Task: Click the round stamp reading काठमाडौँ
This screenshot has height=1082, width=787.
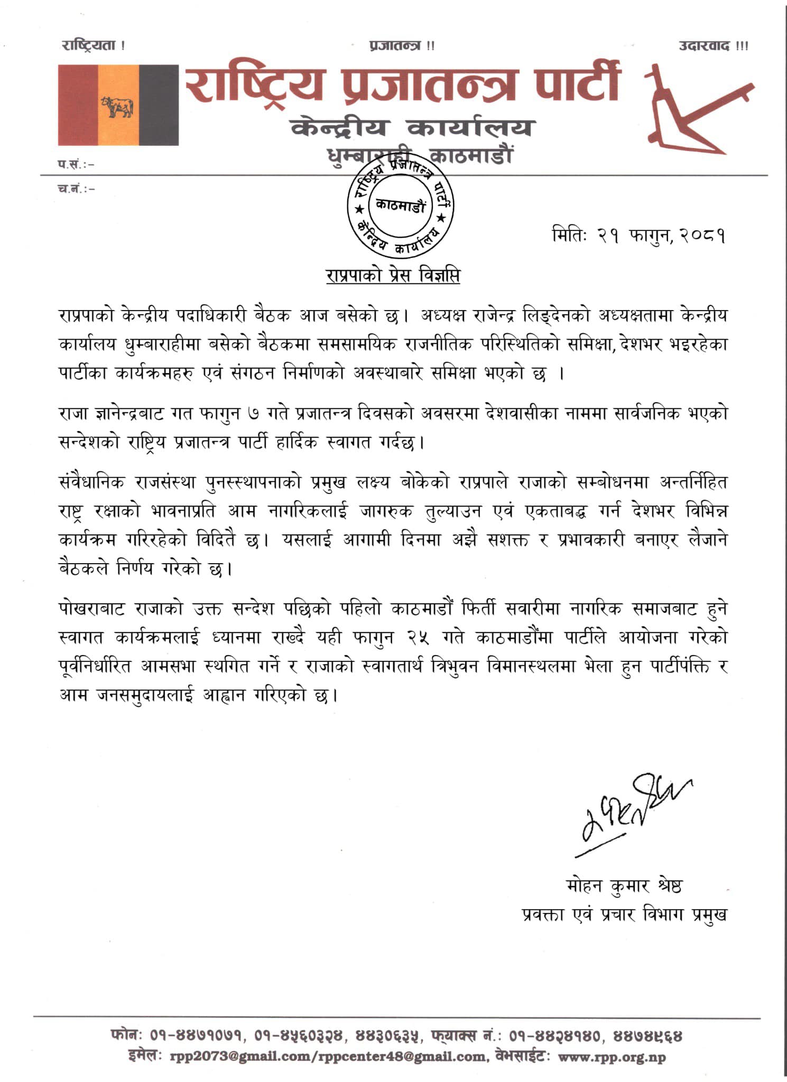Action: point(400,206)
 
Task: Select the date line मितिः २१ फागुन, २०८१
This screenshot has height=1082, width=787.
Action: point(638,235)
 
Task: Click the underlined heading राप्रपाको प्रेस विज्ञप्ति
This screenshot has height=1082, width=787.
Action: point(393,276)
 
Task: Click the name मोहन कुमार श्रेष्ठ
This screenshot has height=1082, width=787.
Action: point(623,886)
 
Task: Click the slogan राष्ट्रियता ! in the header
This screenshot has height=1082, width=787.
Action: point(94,46)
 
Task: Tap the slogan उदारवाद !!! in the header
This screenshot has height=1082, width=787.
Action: point(713,46)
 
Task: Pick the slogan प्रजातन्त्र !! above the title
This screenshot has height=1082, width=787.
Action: point(402,46)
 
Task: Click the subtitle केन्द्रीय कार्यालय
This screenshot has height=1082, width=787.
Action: point(413,128)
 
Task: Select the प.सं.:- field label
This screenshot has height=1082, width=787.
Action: point(76,164)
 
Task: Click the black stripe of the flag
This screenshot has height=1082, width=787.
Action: point(159,105)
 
